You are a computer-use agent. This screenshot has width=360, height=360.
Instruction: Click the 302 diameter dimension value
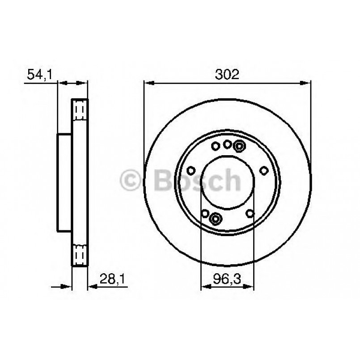coord(227,74)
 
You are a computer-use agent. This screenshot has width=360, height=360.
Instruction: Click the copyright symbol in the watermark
coord(131,181)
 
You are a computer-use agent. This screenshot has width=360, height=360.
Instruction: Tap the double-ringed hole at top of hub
coord(239,146)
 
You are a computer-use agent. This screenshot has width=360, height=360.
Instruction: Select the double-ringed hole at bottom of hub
coord(216,219)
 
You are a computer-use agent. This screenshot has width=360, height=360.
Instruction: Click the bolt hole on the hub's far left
coord(191,170)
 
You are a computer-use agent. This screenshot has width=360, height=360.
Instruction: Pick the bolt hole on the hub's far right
coord(264,170)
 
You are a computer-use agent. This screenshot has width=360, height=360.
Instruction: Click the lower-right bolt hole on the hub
coord(250,214)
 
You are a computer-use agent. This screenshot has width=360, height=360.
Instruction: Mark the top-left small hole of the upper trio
coord(215,146)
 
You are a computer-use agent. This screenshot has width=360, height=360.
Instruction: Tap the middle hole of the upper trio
coord(227,144)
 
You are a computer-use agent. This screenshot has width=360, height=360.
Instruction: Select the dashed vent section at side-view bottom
coord(80,256)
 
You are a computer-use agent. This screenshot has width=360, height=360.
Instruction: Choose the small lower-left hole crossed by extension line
coord(205,214)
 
